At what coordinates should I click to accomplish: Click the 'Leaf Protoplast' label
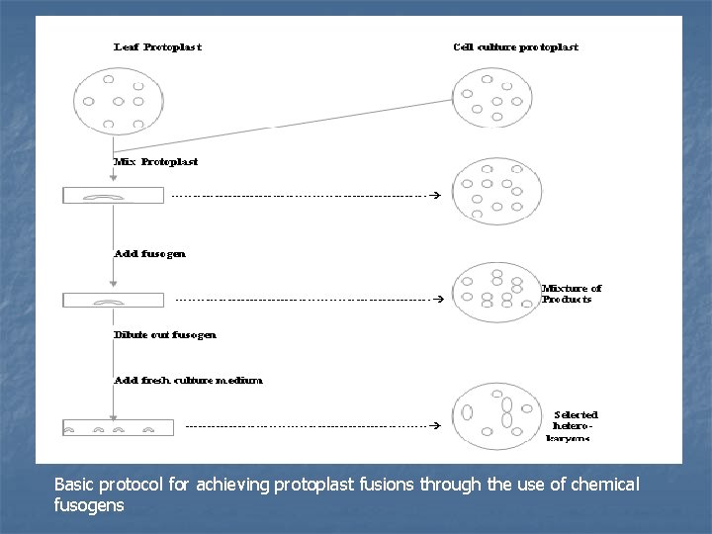pos(159,46)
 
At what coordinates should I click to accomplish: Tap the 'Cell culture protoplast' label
pos(515,46)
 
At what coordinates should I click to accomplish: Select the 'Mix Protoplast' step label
pos(156,161)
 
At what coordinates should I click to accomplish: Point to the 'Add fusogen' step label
pos(149,253)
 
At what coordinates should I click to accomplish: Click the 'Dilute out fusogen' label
pos(164,334)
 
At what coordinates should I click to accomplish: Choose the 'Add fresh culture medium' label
pos(188,380)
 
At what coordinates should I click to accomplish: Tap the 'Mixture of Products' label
pos(571,294)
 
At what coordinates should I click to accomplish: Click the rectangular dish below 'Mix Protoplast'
pos(114,196)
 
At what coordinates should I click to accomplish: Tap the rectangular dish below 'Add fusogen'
pos(114,300)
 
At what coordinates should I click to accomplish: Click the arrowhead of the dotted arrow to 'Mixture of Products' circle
pos(427,299)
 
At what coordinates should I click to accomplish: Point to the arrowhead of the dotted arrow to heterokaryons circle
pos(435,425)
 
